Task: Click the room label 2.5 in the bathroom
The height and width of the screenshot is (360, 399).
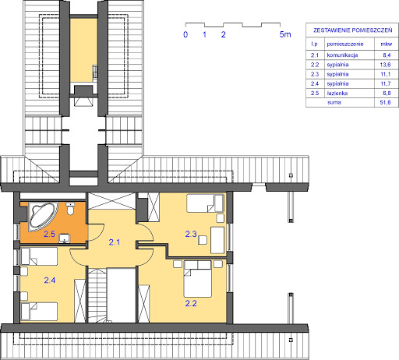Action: (49, 234)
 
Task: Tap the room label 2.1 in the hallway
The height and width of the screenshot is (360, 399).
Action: (115, 242)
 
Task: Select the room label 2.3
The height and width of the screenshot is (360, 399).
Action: (191, 234)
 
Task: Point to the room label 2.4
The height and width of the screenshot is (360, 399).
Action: (50, 281)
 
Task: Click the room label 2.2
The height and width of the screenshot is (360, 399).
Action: (191, 303)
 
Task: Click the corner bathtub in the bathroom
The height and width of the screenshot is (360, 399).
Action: (42, 217)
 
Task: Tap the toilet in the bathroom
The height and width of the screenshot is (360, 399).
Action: (70, 209)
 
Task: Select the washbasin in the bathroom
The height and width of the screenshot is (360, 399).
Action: (65, 238)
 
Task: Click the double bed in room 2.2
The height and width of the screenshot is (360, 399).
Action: (197, 279)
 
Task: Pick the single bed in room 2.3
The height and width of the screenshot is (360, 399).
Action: (205, 203)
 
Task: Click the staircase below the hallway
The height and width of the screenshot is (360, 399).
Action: (97, 295)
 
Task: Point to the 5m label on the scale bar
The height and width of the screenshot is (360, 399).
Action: (285, 34)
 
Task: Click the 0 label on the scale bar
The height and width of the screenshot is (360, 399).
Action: (185, 34)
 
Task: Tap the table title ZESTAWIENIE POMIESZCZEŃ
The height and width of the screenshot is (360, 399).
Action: (352, 30)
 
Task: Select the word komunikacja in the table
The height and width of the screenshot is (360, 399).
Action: (342, 55)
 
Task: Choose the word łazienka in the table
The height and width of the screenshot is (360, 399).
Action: (337, 93)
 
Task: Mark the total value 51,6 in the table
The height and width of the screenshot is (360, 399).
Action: (385, 102)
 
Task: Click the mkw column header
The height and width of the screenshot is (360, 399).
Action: (387, 44)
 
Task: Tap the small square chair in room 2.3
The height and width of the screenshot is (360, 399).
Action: (203, 240)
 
